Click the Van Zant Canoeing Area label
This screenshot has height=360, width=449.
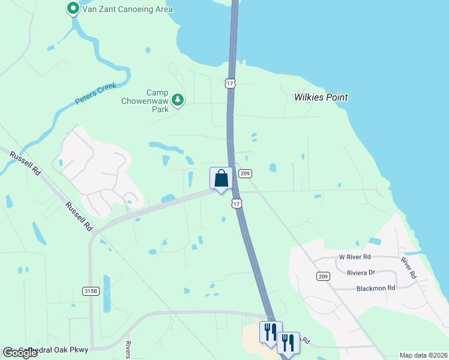[129, 9]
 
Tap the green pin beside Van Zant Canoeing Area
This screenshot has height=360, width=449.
[73, 9]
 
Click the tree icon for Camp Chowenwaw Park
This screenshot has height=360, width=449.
[177, 100]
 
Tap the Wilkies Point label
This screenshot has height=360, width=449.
[321, 97]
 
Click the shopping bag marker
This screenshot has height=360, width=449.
[221, 179]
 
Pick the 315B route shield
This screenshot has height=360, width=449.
[91, 291]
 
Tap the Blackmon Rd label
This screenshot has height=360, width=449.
[375, 287]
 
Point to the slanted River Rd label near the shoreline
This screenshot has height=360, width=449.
[408, 268]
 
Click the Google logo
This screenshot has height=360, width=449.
[20, 353]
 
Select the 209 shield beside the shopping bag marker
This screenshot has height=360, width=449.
[244, 173]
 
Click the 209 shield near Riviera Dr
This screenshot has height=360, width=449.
[323, 276]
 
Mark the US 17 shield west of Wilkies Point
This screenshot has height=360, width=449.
[230, 83]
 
